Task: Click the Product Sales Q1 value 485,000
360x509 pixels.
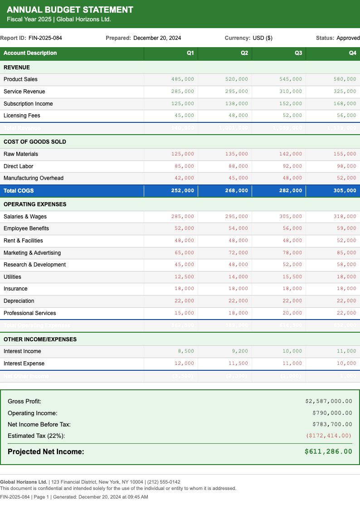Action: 183,79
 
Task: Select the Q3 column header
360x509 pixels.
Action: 298,53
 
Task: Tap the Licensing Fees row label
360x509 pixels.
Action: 22,116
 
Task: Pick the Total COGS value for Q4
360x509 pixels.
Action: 345,191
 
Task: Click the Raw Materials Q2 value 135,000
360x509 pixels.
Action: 237,154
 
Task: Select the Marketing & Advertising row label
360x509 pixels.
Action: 32,253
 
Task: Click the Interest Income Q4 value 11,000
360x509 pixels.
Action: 346,351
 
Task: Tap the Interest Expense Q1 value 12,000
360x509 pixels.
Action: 184,364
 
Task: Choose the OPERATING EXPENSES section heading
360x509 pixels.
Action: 35,204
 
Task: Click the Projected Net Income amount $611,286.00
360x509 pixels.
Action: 328,451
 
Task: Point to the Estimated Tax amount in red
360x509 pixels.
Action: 329,436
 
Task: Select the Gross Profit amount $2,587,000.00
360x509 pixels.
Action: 329,401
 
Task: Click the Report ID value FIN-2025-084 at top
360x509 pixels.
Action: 45,38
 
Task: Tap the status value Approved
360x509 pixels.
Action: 348,38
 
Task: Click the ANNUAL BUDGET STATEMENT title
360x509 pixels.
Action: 70,10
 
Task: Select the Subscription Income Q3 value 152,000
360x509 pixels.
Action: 291,104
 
